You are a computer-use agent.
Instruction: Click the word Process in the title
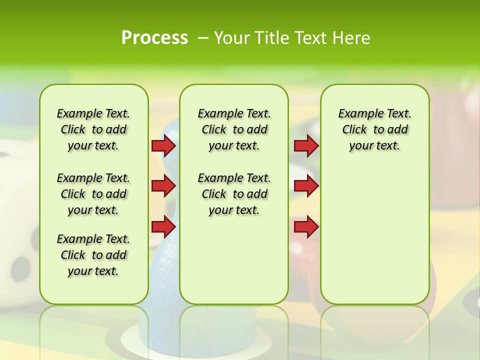pos(154,38)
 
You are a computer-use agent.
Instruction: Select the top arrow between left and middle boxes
pos(163,146)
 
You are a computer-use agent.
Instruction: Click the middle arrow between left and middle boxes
pos(163,186)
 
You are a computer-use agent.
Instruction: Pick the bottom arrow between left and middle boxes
pos(163,227)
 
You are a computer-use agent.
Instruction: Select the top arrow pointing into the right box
pos(306,146)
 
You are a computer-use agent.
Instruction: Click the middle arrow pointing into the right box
pos(306,186)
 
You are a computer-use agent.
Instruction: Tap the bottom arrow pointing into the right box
pos(306,227)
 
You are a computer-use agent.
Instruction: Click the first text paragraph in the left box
pos(93,129)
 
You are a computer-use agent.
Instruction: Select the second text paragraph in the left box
pos(93,194)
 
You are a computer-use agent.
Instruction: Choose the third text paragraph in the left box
pos(93,255)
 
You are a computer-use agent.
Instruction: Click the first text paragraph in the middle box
pos(234,129)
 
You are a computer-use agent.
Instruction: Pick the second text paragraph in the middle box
pos(234,194)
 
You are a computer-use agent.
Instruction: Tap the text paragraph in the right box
pos(374,129)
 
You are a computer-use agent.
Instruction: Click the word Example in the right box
pos(357,114)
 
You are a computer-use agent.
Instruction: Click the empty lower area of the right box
pos(374,240)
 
